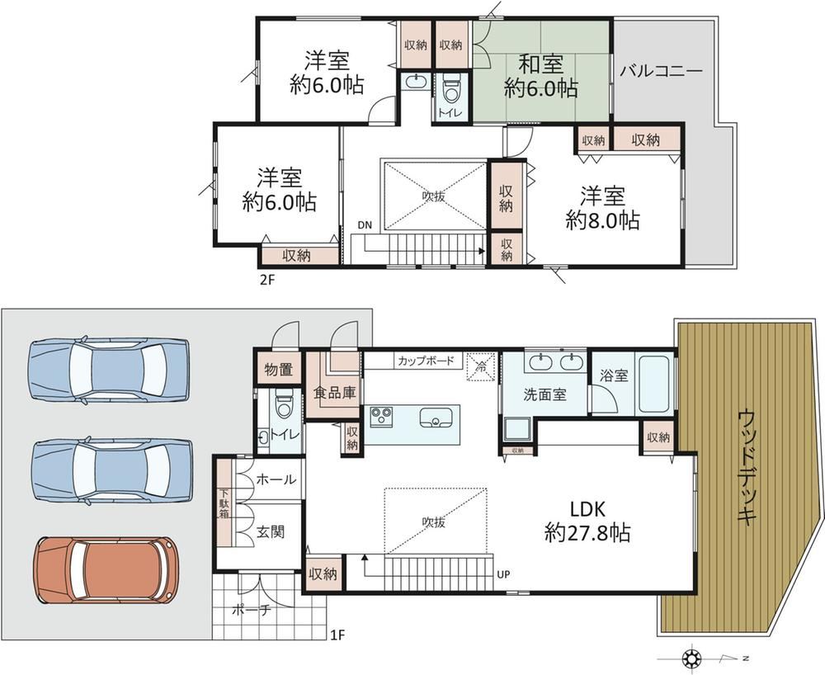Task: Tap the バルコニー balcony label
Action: coord(661,71)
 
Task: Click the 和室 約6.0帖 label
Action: coord(541,77)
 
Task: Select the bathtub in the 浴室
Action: coord(653,385)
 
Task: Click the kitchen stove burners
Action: coord(379,416)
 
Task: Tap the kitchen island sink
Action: coord(436,418)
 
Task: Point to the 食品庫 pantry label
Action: coord(335,392)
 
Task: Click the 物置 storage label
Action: coord(279,370)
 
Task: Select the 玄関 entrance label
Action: coord(271,531)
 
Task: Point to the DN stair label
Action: coord(365,225)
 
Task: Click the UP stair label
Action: coord(503,574)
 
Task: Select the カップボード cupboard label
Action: coord(426,361)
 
